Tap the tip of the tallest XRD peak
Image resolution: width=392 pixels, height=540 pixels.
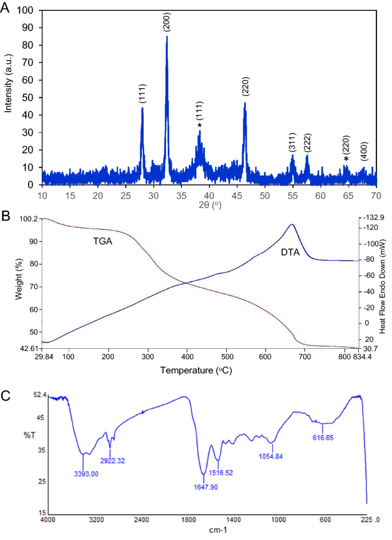(x=167, y=37)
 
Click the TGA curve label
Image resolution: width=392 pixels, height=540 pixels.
(x=102, y=242)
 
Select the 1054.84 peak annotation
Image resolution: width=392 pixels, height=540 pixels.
(x=272, y=456)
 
